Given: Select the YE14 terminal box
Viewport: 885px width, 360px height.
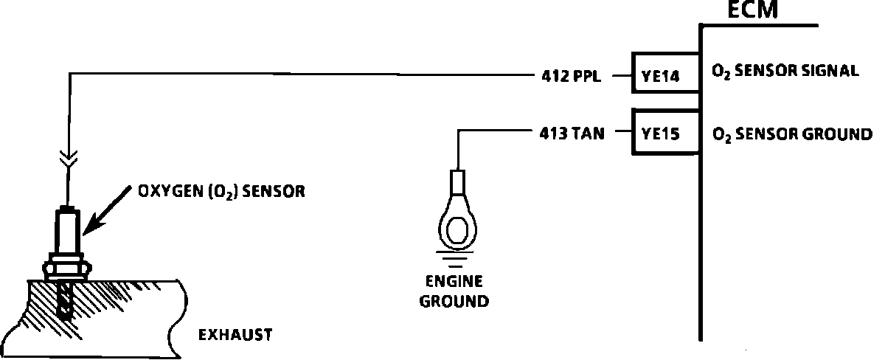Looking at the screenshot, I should click(664, 73).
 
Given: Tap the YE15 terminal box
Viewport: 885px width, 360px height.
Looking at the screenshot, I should click(664, 134).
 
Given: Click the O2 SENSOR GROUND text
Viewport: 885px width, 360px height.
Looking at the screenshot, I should click(791, 134).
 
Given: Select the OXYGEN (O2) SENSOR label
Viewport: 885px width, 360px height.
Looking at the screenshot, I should click(221, 191).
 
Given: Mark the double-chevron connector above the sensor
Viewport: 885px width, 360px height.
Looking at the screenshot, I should click(67, 159).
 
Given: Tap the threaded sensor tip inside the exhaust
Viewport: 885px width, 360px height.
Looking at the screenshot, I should click(67, 302).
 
